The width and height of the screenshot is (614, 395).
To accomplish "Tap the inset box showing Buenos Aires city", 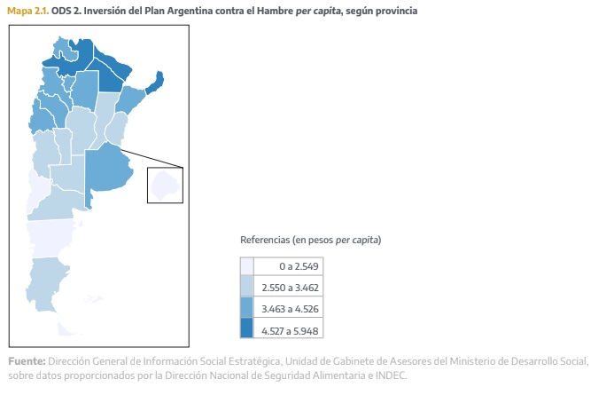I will click(x=164, y=185).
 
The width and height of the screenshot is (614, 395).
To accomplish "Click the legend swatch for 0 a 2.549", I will click(x=246, y=266).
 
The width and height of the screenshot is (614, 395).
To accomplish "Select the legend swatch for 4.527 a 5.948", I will click(x=246, y=330).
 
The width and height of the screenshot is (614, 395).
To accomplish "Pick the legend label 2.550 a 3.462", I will click(x=290, y=288).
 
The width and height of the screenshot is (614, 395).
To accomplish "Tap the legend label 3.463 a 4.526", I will click(x=290, y=309).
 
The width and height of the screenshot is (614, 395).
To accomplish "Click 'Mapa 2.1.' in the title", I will click(x=27, y=11).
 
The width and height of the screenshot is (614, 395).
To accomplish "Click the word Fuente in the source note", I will click(x=25, y=361).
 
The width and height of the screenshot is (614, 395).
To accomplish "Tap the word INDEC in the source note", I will click(x=390, y=375).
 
